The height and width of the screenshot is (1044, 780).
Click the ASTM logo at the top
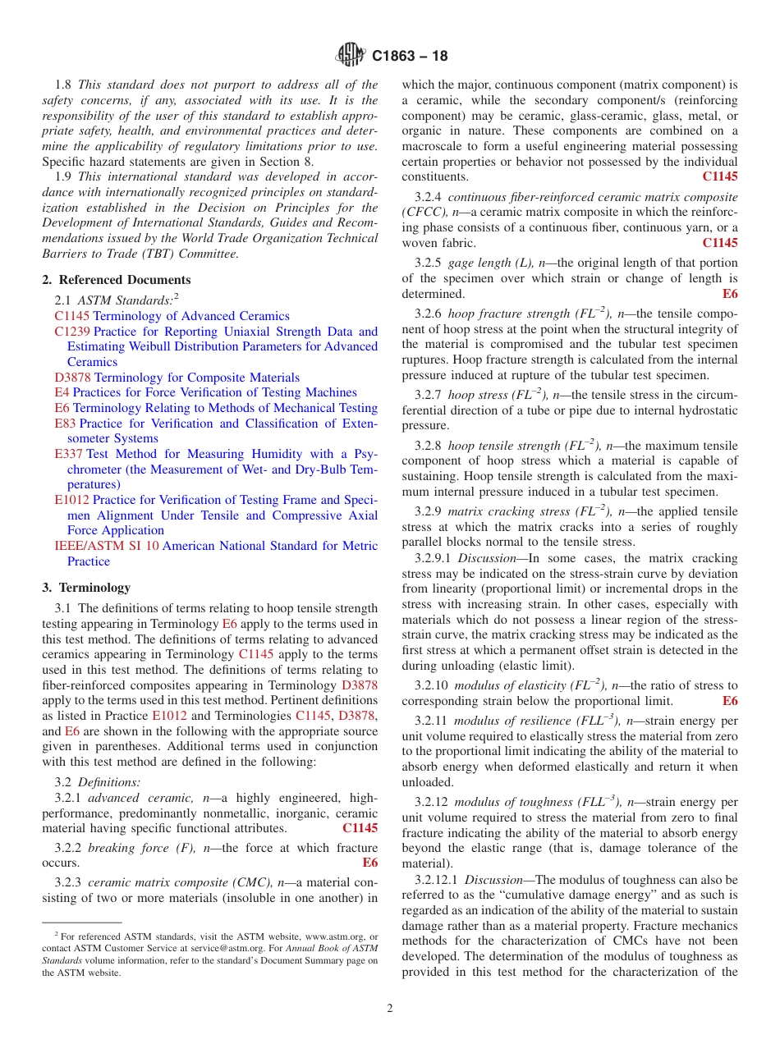coord(351,56)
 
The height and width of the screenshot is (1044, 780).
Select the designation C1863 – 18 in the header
coord(410,57)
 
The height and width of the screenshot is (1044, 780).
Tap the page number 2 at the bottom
coord(390,1008)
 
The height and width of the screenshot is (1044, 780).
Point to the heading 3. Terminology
coord(86,588)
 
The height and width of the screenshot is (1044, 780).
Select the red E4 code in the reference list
coord(62,392)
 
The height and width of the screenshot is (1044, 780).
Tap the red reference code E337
coord(68,454)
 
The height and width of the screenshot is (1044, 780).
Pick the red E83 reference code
coord(65,424)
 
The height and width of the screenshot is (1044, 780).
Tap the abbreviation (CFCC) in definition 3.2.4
coord(424,212)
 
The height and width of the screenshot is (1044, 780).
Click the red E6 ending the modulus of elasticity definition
coord(729,701)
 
